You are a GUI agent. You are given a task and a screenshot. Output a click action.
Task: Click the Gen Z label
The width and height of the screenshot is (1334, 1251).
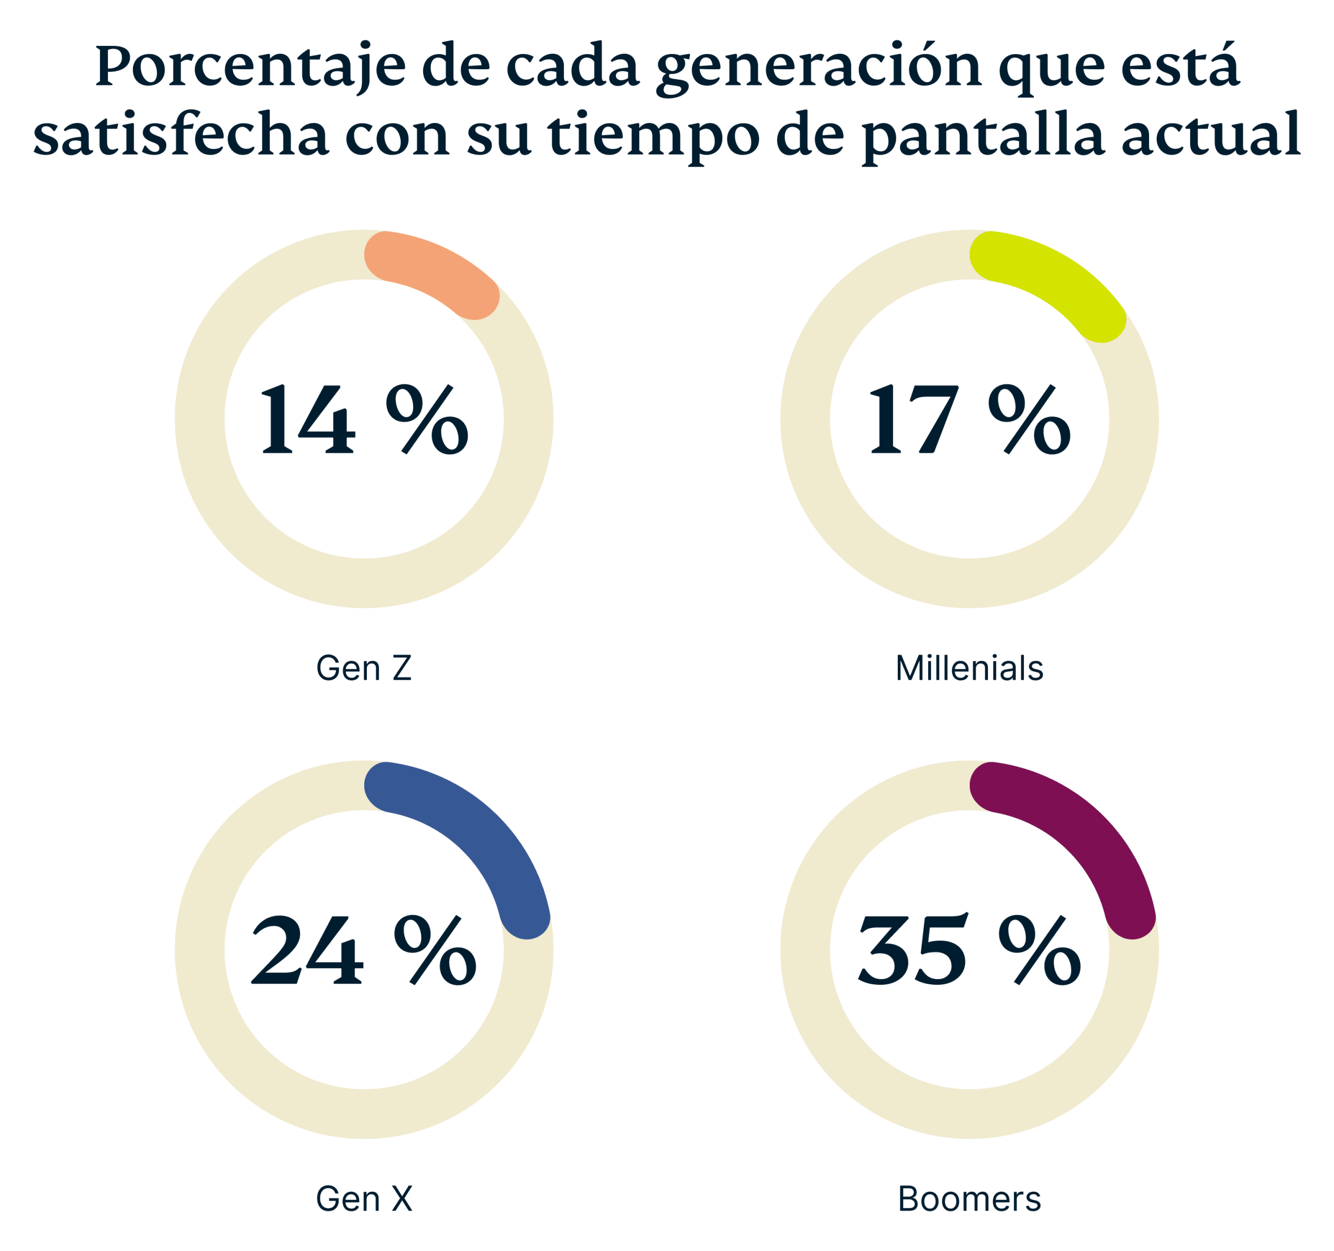364,668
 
